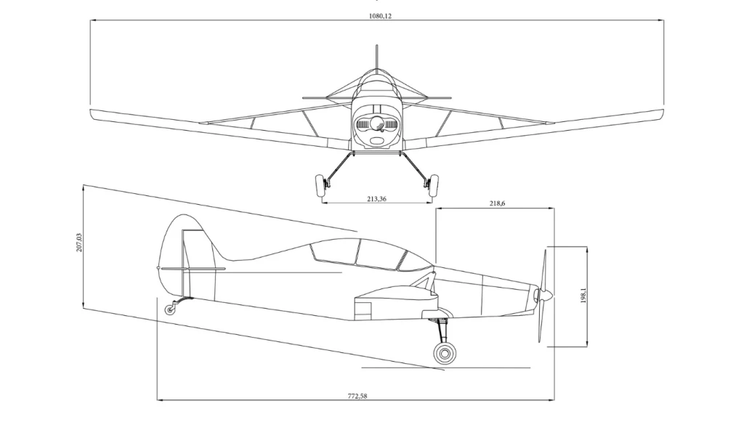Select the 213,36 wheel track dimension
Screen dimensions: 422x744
(376, 198)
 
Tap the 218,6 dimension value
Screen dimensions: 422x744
(497, 204)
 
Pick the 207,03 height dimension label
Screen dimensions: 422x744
(79, 243)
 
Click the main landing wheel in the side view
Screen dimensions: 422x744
(444, 354)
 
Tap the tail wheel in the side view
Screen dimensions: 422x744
(170, 310)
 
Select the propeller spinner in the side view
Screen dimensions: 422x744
(546, 295)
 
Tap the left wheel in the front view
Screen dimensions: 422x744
(318, 187)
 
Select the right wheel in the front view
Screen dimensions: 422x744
(434, 187)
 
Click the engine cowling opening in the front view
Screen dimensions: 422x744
(376, 127)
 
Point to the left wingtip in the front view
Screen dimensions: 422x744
(94, 113)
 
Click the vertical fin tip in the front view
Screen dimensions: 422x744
(376, 48)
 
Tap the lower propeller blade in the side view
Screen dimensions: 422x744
(541, 323)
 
